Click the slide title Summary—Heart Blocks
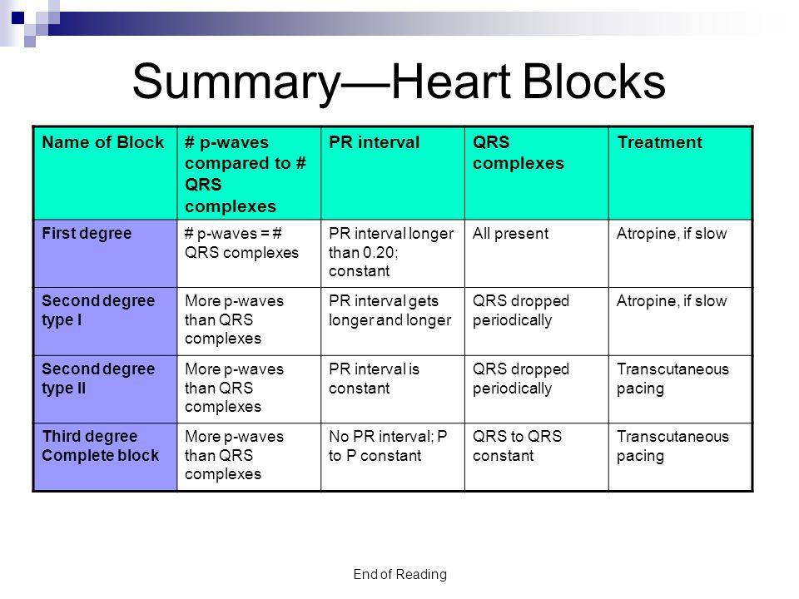[399, 82]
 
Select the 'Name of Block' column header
[103, 142]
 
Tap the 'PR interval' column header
[374, 142]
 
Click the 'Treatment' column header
[660, 142]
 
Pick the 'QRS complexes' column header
[519, 153]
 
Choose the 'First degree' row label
[87, 233]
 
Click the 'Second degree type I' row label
[98, 310]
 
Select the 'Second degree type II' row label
[98, 379]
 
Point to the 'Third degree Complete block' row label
[101, 446]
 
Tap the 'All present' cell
[510, 233]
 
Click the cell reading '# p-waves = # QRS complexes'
[241, 243]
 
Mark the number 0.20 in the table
[380, 252]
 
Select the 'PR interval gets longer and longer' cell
[390, 310]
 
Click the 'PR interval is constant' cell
[374, 379]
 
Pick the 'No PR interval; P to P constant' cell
[389, 446]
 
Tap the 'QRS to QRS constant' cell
[517, 446]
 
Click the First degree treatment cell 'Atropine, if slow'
[672, 233]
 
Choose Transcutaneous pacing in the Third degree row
[672, 446]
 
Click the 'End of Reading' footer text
[400, 575]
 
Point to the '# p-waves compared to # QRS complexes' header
[245, 174]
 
